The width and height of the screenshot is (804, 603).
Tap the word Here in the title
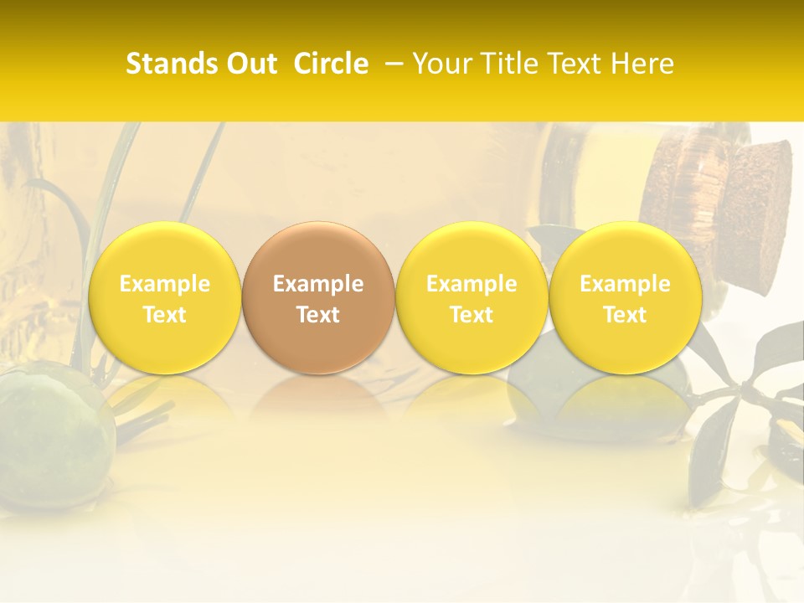(x=644, y=64)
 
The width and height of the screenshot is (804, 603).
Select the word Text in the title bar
(x=577, y=64)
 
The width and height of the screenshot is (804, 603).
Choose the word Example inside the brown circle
(x=318, y=284)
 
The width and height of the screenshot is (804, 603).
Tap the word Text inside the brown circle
(x=318, y=315)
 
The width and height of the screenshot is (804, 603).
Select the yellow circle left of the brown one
(x=164, y=251)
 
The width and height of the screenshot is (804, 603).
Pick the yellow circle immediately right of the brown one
(x=472, y=251)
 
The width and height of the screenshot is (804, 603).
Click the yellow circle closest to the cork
(x=625, y=251)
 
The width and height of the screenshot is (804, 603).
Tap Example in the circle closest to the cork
(x=625, y=284)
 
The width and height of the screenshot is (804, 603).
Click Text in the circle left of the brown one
(x=164, y=315)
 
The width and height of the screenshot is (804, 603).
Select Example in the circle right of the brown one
(x=472, y=284)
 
